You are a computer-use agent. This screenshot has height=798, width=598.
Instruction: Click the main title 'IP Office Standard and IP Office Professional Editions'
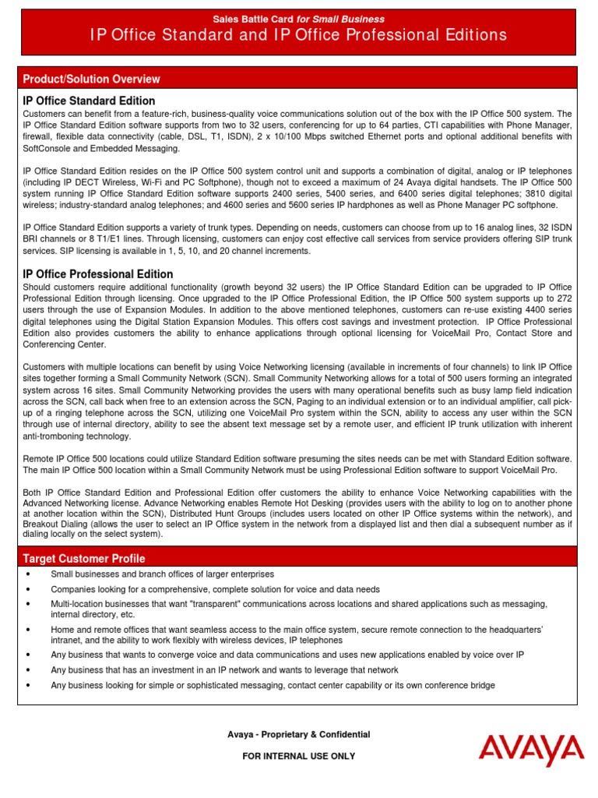tap(299, 35)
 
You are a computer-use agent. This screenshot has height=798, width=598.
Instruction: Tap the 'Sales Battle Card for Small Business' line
tap(299, 19)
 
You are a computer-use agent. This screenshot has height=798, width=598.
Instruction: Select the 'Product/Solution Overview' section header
tap(92, 79)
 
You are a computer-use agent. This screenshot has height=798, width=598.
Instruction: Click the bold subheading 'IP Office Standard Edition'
tap(89, 101)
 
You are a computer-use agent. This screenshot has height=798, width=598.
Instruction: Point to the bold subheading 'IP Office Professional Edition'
tap(98, 274)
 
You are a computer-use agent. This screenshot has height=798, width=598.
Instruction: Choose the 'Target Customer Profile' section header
tap(84, 559)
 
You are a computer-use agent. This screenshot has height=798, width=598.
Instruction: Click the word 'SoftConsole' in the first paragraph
tap(48, 148)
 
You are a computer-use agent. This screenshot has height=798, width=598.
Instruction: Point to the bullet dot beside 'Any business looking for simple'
tap(28, 686)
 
